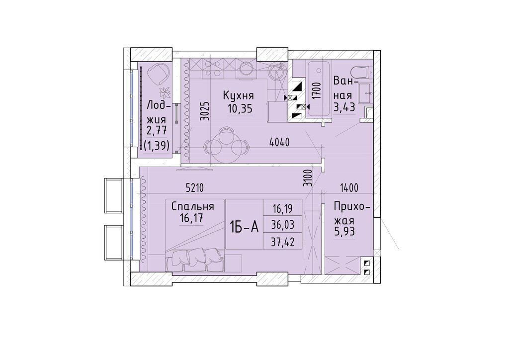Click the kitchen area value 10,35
pos(240,109)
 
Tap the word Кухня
pos(238,95)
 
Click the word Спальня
pos(192,206)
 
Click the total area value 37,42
pos(283,242)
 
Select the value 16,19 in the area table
pos(283,208)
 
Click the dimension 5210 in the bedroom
pos(195,187)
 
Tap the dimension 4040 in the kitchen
pos(279,142)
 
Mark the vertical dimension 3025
pos(204,111)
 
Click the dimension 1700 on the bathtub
pos(317,90)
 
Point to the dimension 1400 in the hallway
pos(349,187)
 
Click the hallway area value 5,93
pos(345,232)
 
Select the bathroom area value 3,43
pos(344,107)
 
